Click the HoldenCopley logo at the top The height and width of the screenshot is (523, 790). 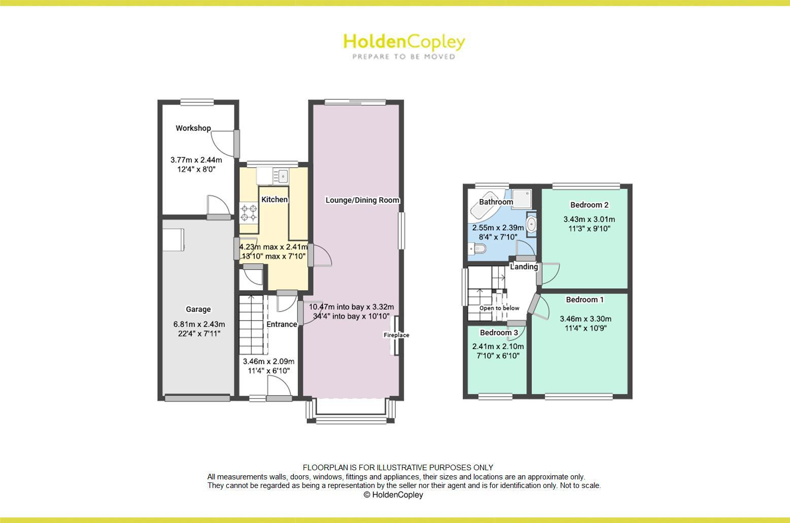point(404,46)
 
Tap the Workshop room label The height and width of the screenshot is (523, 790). point(193,128)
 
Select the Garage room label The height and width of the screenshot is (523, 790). point(198,309)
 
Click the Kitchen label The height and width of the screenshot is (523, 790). point(274,200)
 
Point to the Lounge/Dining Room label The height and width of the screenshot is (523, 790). point(362,200)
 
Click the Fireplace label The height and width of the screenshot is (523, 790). point(396,335)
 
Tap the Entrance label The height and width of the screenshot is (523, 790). point(282,325)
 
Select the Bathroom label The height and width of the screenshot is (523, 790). point(496,202)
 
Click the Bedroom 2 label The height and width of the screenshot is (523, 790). point(589,205)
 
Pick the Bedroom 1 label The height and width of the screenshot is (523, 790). point(585,300)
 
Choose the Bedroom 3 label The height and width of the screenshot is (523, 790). point(499,333)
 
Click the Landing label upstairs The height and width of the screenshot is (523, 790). point(524,267)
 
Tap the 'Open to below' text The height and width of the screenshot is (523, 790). point(499,308)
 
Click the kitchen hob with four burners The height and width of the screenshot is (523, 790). point(249,213)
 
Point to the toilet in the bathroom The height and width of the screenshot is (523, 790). point(478,249)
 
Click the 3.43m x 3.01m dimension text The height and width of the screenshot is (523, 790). point(589,220)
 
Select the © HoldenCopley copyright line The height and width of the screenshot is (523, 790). point(393,495)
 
